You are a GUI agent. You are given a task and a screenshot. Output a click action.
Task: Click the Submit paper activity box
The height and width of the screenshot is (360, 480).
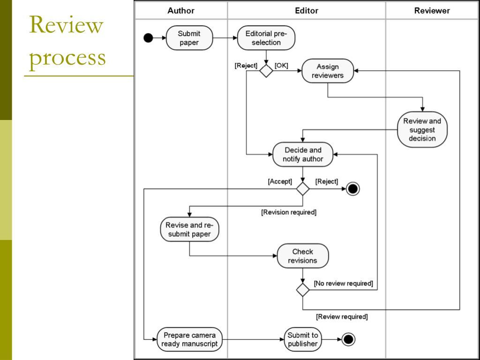point(189,38)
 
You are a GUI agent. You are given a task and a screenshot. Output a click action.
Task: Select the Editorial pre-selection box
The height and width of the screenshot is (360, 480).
point(266,38)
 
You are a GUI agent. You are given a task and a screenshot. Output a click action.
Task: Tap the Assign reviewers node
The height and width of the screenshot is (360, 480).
point(328,71)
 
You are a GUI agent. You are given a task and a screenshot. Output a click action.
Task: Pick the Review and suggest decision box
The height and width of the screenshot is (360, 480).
point(422,129)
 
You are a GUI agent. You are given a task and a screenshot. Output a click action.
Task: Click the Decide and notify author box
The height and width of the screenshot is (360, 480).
point(303,154)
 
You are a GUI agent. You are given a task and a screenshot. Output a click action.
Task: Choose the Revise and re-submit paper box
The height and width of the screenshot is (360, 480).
point(189,229)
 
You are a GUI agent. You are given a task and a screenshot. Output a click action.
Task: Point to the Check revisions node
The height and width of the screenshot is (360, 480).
point(302,256)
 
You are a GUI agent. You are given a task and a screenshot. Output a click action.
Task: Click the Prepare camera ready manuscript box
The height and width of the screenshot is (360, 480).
point(189,339)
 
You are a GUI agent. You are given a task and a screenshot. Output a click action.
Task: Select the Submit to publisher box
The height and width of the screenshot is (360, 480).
point(302,339)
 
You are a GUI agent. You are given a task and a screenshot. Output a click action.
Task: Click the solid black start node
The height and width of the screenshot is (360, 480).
point(148,38)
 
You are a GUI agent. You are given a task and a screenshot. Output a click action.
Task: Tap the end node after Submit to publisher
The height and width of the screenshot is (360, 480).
point(348,339)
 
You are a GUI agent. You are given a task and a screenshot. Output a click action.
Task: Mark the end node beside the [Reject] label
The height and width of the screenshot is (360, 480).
point(352,189)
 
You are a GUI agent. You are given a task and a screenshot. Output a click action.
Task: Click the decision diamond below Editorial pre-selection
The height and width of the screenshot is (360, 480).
point(266,71)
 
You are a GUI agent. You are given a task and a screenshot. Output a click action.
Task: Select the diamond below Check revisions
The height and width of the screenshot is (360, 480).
point(303,290)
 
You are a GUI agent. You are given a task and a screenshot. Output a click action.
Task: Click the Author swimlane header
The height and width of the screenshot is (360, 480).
point(180,11)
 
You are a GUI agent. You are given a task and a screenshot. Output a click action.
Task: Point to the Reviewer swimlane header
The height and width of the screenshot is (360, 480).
point(432,11)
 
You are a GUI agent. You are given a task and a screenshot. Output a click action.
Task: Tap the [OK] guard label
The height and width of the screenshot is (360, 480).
point(281,65)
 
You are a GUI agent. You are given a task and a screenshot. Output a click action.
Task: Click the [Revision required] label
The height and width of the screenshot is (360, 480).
point(289,212)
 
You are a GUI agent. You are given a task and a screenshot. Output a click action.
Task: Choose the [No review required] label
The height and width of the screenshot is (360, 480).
point(344,284)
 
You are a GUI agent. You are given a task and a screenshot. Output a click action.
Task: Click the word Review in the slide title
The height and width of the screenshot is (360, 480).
point(66,25)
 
